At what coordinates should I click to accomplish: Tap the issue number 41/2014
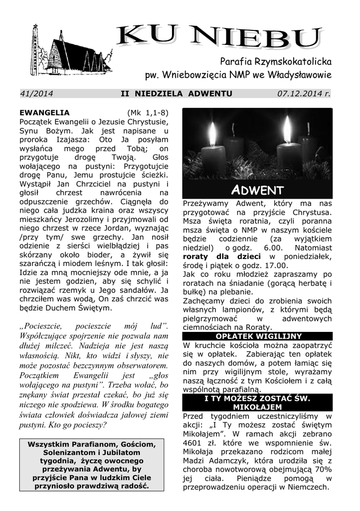coord(37,93)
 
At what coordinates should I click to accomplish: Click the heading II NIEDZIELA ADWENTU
coord(177,93)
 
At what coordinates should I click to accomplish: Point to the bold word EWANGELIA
coord(44,112)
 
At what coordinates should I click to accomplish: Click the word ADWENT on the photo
coord(257,190)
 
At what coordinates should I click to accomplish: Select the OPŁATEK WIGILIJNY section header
coord(257,336)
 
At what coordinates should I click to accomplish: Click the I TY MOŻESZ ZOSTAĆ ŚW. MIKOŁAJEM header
coord(257,403)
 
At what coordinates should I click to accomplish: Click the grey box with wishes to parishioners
coord(91,465)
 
